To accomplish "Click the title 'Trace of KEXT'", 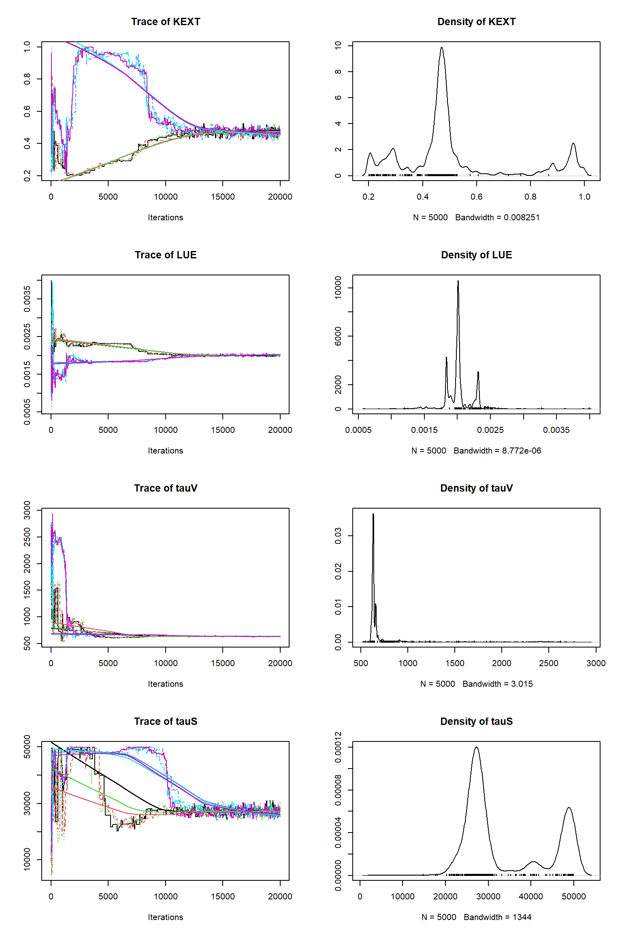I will (166, 22).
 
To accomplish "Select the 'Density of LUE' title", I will (476, 255).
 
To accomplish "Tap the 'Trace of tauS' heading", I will (166, 722).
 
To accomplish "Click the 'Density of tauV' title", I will (476, 488).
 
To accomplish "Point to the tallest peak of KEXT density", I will (441, 47).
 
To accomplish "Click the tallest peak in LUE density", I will (458, 281).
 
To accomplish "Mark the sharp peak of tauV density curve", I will (373, 514).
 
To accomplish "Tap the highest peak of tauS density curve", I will (476, 747).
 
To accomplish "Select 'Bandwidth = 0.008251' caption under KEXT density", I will (497, 217).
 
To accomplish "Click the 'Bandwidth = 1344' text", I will (497, 917).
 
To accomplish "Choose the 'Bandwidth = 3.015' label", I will (497, 684).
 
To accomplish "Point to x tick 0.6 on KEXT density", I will (476, 197).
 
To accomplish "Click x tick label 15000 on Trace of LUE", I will (223, 430).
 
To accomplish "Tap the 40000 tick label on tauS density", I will (531, 897).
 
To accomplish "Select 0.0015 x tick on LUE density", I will (424, 430).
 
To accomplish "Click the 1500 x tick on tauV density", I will (455, 663).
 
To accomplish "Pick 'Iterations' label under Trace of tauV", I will (165, 684).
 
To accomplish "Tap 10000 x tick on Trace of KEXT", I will (165, 197).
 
